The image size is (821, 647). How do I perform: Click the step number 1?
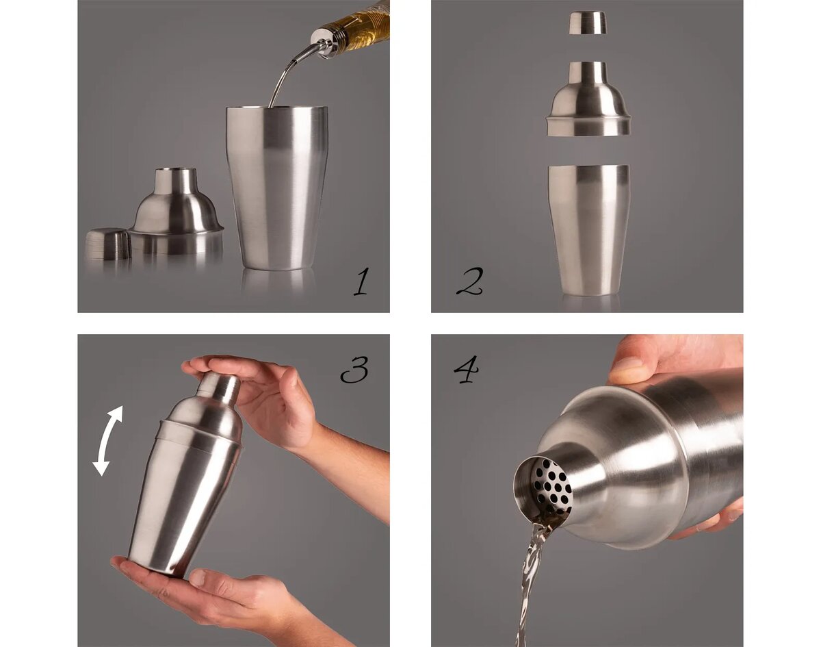pyautogui.click(x=361, y=281)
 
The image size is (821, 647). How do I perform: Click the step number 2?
pyautogui.click(x=469, y=281)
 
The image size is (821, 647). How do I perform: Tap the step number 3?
pyautogui.click(x=354, y=370)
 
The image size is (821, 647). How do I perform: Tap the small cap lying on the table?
pyautogui.click(x=108, y=244)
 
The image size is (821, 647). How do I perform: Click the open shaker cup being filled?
pyautogui.click(x=277, y=188)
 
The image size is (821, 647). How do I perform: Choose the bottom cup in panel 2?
pyautogui.click(x=588, y=230)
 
